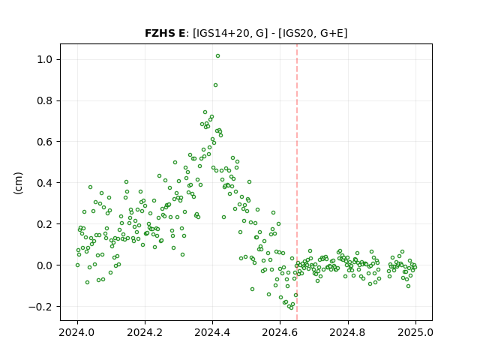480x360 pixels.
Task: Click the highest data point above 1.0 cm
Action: [217, 56]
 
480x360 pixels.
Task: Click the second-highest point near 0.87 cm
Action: [215, 85]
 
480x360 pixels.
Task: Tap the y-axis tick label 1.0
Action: [45, 59]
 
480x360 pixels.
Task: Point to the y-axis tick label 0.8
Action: [45, 100]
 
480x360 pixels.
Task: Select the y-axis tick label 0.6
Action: [45, 142]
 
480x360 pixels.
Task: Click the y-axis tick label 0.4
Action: [45, 183]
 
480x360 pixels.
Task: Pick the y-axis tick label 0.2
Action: [45, 224]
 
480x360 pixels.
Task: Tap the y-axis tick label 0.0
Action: [45, 265]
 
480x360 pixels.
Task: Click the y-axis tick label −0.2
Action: [40, 307]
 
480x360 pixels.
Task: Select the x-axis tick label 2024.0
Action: [77, 332]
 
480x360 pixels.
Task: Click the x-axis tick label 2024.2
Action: [145, 332]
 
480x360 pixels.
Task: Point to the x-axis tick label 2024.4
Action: [212, 332]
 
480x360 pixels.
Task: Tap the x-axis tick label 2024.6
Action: [280, 332]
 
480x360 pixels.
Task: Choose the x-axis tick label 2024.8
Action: [348, 332]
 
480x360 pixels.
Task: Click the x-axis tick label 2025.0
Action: [415, 332]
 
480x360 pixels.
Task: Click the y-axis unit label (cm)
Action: [18, 183]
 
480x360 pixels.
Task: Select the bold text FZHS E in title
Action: [165, 33]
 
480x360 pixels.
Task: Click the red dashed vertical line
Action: [297, 182]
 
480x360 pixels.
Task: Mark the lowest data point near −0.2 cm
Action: [291, 307]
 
